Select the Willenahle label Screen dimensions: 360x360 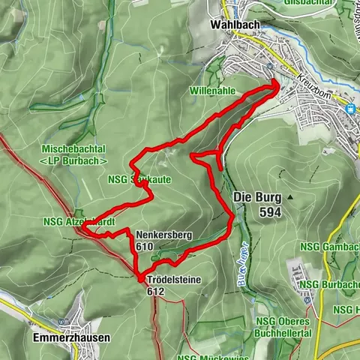coord(214,90)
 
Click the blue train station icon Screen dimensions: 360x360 coord(349,108)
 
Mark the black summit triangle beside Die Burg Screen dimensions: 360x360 coord(289,197)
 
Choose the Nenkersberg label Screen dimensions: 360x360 coord(165,235)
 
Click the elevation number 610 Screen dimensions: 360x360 coord(145,246)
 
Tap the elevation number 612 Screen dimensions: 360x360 coord(156,292)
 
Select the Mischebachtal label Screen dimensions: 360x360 coord(73,149)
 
